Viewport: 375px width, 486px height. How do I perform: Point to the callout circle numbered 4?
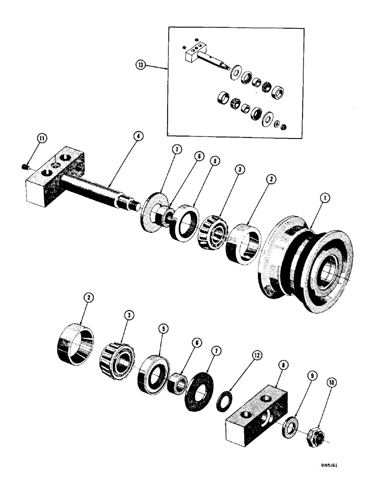click(138, 137)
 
